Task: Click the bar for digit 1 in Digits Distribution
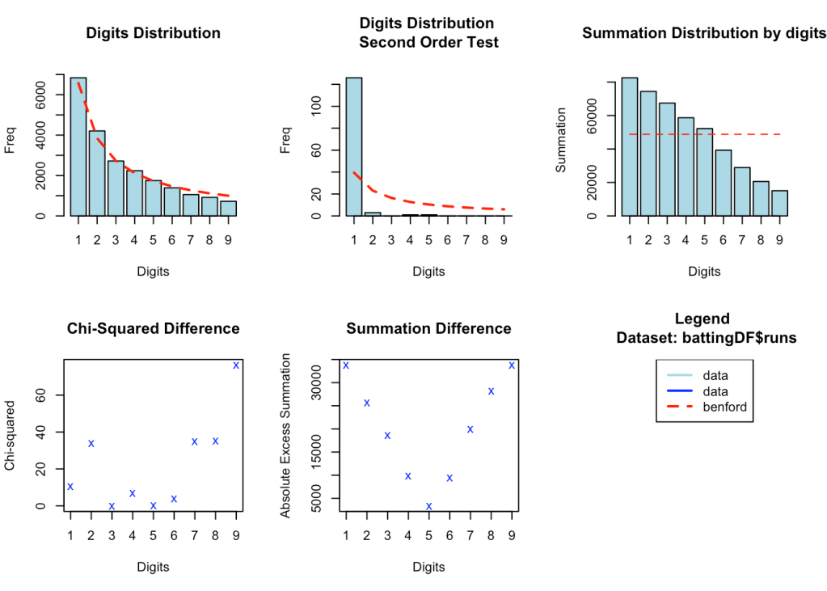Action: click(x=78, y=146)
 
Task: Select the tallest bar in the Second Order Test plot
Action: click(x=353, y=146)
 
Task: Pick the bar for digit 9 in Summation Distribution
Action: click(x=778, y=203)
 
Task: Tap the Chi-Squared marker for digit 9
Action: click(x=236, y=365)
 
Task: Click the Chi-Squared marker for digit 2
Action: click(x=91, y=443)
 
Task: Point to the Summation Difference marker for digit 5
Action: click(x=428, y=506)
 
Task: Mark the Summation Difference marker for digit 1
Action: click(x=346, y=365)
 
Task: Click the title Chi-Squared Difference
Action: click(x=153, y=328)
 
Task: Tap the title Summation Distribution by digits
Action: click(x=703, y=33)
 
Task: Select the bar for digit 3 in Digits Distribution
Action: click(x=116, y=188)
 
